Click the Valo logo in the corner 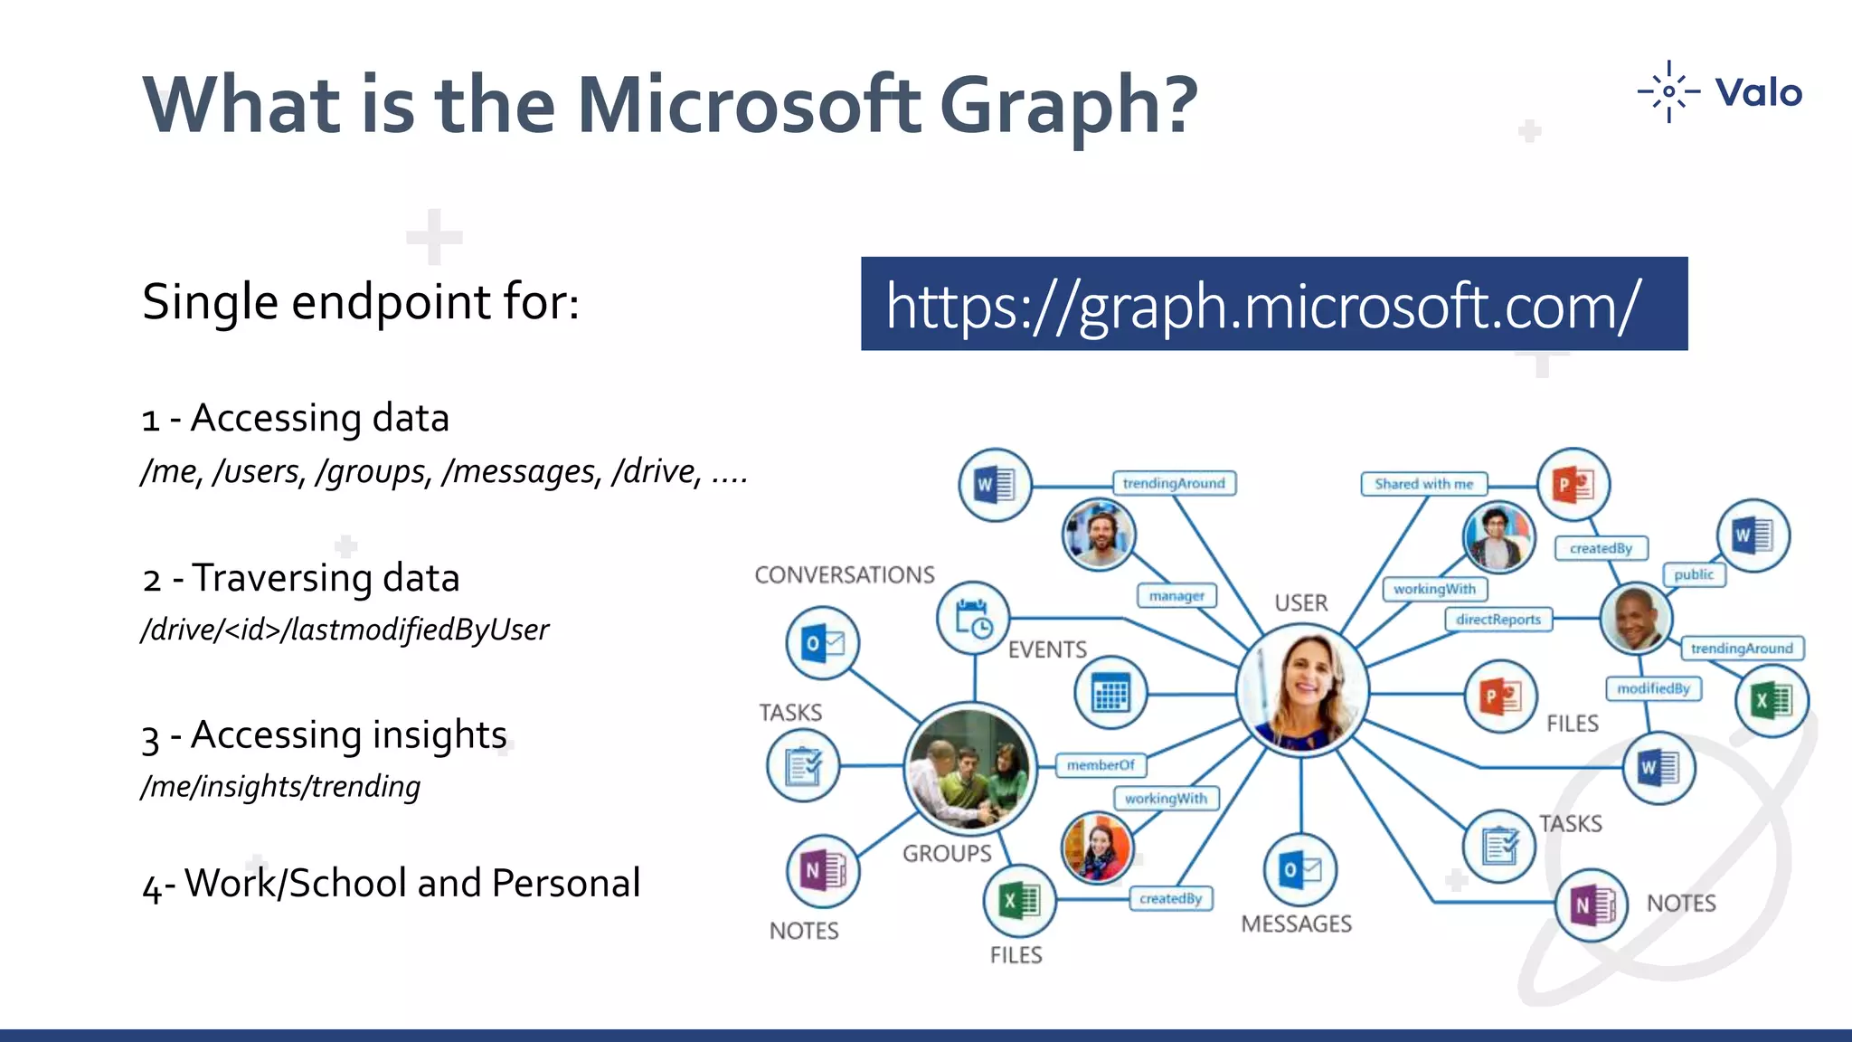click(1720, 92)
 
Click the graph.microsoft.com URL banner click(1273, 304)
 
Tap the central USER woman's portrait click(1302, 690)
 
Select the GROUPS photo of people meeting click(970, 768)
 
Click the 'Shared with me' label click(1423, 484)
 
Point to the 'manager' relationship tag click(1176, 596)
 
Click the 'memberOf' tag click(1101, 765)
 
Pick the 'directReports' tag click(1498, 620)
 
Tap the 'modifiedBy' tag click(1653, 688)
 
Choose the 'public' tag click(1694, 574)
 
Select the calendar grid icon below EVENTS click(1110, 694)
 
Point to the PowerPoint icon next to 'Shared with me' click(1573, 485)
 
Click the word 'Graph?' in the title click(1069, 105)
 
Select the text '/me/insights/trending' click(281, 786)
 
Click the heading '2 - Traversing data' click(301, 578)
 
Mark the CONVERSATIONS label click(845, 575)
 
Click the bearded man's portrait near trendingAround click(1099, 534)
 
